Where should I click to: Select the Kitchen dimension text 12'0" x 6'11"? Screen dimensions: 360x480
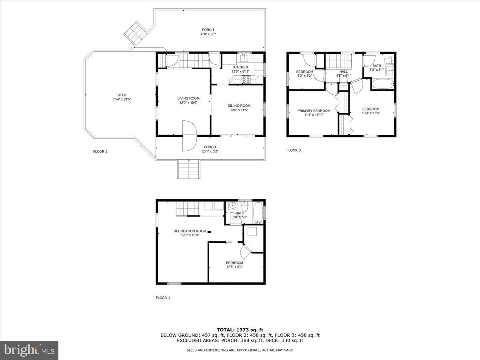pyautogui.click(x=240, y=72)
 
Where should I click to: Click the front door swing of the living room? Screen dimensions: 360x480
pyautogui.click(x=189, y=136)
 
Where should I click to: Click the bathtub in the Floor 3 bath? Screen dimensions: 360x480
pyautogui.click(x=383, y=84)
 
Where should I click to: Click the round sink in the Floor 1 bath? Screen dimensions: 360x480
pyautogui.click(x=232, y=206)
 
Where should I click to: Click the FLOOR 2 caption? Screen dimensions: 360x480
pyautogui.click(x=100, y=152)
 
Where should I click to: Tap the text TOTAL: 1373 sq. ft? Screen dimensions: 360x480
pyautogui.click(x=240, y=330)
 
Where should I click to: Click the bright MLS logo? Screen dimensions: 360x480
pyautogui.click(x=29, y=350)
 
